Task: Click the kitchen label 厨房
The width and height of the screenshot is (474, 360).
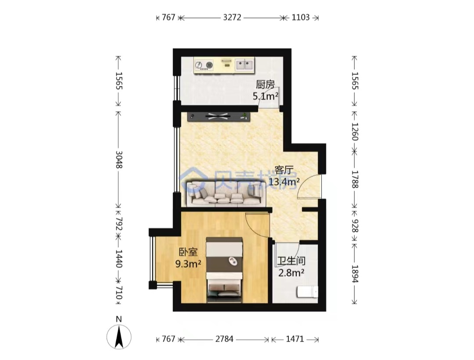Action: click(265, 85)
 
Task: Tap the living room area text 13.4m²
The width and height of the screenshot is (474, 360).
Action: click(284, 182)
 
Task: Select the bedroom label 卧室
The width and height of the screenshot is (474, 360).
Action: click(188, 252)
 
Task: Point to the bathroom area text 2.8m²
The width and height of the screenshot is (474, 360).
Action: click(291, 273)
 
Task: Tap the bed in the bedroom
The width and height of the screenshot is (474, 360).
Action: click(224, 270)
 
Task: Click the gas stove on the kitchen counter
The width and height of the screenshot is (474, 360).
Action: click(204, 65)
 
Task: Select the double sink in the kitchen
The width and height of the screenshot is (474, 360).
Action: click(244, 65)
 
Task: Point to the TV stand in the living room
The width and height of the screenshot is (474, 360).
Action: click(219, 117)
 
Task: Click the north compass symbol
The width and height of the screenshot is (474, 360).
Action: click(119, 336)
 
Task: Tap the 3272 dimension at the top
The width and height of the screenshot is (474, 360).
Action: click(232, 18)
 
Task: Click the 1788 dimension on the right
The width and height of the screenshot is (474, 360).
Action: click(355, 179)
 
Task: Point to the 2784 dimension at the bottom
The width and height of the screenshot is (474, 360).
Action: click(224, 339)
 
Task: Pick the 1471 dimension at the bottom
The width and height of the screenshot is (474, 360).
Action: click(295, 339)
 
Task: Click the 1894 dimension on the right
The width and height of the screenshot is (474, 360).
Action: click(355, 274)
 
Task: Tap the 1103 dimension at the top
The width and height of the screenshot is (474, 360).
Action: click(301, 18)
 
